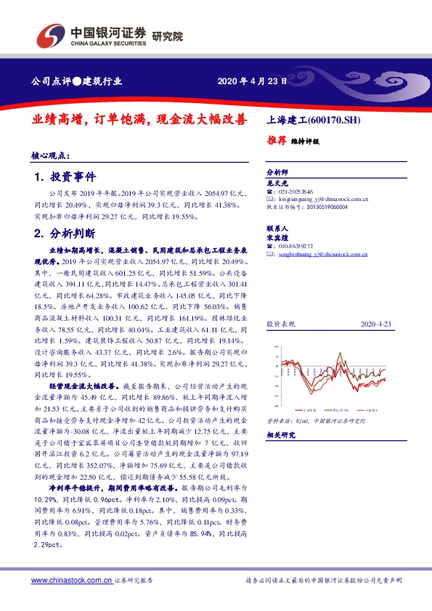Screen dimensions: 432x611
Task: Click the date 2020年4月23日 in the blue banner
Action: pos(248,81)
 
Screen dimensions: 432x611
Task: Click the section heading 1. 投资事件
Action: pos(64,177)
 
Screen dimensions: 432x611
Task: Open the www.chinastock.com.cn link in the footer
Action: pos(71,581)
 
